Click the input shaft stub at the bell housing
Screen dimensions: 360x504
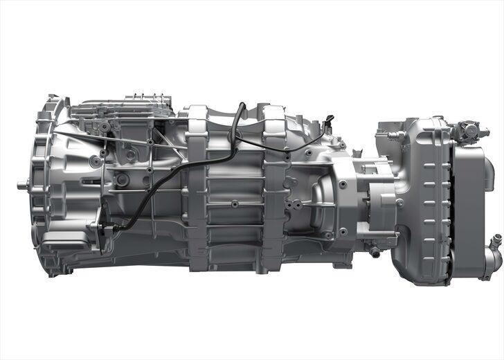(21, 185)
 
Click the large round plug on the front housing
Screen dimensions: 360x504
(123, 179)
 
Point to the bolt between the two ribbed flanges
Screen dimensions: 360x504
(235, 204)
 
